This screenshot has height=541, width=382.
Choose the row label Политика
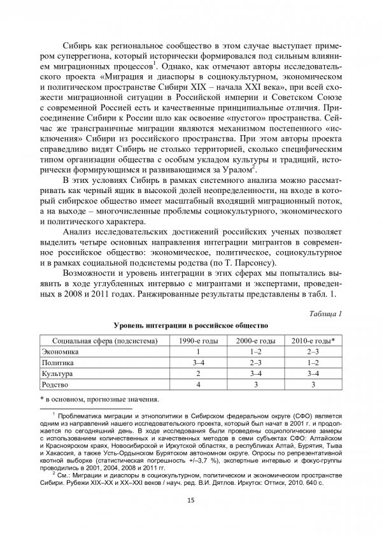[58, 362]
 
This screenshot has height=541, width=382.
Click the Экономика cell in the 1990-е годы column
[199, 351]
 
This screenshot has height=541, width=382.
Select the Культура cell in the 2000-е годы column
[257, 373]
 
